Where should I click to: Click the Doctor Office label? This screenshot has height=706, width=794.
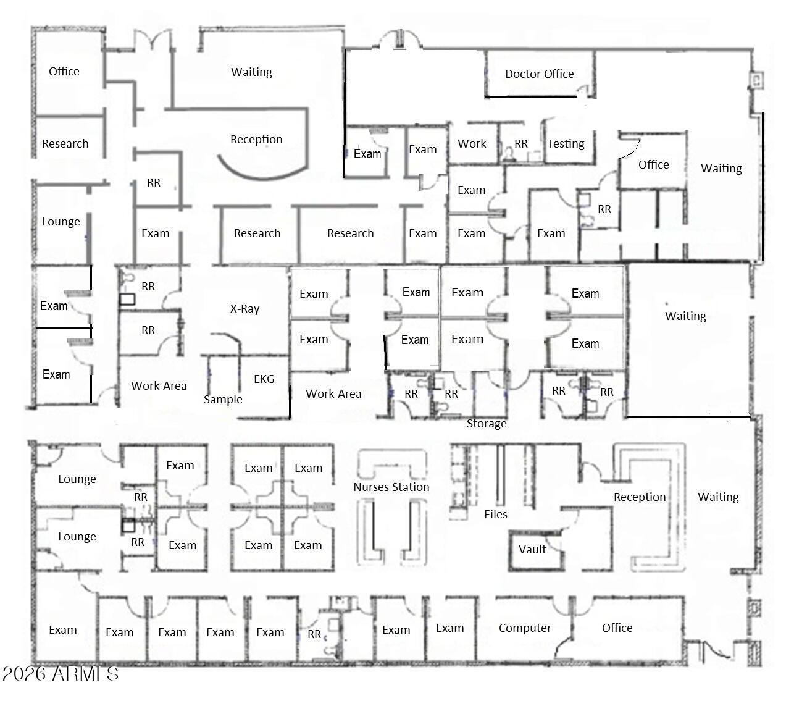coord(539,74)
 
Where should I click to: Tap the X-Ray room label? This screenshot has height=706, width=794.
coord(244,309)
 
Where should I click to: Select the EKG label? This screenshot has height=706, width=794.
coord(264,379)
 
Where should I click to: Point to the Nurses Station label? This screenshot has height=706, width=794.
coord(391,487)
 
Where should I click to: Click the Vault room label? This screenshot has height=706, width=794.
coord(532,550)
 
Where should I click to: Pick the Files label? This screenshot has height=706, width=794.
coord(495,515)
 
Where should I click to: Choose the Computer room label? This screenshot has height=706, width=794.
coord(525,628)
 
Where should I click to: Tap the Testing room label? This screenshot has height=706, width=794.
coord(566,144)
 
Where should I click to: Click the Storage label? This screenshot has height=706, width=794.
coord(487,424)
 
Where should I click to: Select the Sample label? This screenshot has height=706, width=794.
coord(223,400)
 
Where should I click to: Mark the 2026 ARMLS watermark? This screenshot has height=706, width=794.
coord(60,673)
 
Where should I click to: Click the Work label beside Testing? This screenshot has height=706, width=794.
coord(472,144)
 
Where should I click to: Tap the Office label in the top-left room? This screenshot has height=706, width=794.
coord(64,72)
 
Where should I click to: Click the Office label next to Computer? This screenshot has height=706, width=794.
coord(617,628)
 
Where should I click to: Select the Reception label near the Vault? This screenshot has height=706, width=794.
coord(640,497)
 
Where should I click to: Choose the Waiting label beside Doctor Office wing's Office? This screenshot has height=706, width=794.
coord(721,169)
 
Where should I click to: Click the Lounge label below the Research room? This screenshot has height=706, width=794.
coord(61,222)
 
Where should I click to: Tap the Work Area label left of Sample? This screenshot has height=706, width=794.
coord(159,386)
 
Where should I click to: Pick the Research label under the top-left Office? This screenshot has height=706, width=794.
coord(65,144)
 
